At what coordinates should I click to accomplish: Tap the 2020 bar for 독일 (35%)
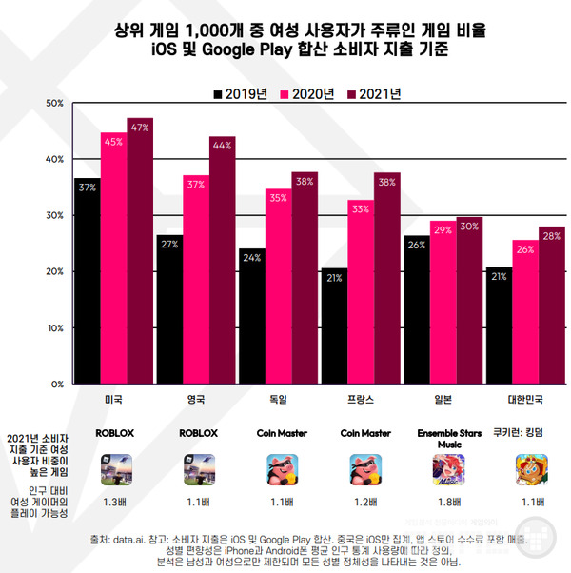[x=279, y=286]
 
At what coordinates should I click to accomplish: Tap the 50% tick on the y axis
[x=54, y=103]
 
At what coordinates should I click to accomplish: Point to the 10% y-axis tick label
[x=54, y=327]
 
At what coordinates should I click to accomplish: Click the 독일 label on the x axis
[x=279, y=399]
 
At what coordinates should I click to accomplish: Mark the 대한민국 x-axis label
[x=524, y=399]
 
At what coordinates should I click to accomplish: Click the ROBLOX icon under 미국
[x=116, y=470]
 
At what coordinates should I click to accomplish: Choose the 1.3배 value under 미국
[x=116, y=502]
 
